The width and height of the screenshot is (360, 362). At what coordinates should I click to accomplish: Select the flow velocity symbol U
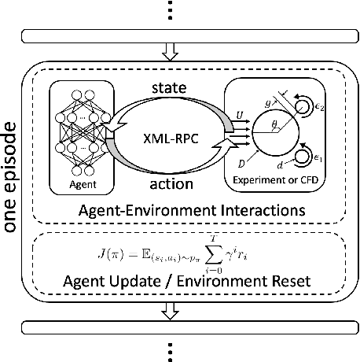click(x=237, y=116)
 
